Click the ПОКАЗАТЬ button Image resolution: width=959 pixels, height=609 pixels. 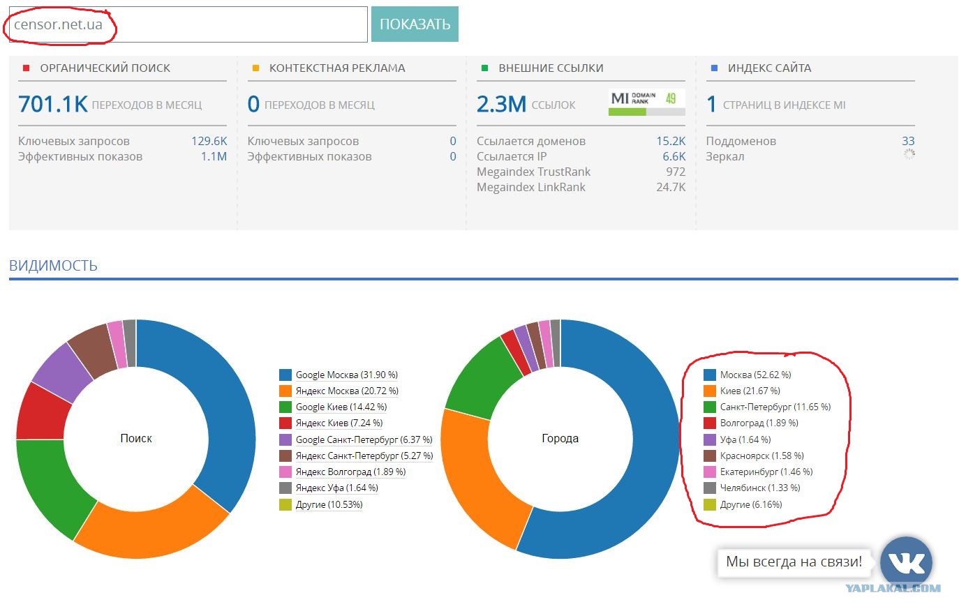(x=415, y=24)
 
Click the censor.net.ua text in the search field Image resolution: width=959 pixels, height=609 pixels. (x=58, y=24)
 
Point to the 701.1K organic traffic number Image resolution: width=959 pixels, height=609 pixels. (x=52, y=104)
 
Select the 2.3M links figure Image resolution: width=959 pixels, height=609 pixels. (x=501, y=104)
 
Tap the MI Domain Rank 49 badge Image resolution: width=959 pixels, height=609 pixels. (x=646, y=102)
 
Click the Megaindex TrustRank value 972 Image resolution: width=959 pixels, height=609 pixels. (x=676, y=172)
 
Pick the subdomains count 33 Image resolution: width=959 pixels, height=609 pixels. (x=908, y=141)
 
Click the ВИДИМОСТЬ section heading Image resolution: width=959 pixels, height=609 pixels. (x=53, y=265)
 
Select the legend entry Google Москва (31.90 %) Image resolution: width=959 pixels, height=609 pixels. (x=346, y=375)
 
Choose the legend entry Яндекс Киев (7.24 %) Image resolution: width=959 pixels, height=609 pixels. (x=339, y=423)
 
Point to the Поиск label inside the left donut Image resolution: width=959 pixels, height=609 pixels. (x=136, y=438)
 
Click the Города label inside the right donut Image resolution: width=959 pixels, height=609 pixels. (x=560, y=438)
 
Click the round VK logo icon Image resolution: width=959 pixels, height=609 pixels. (x=906, y=562)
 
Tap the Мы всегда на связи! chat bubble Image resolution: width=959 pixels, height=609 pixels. (x=794, y=562)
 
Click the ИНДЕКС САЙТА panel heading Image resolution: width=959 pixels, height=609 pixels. (x=769, y=68)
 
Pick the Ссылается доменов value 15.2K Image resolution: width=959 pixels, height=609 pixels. (x=671, y=141)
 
